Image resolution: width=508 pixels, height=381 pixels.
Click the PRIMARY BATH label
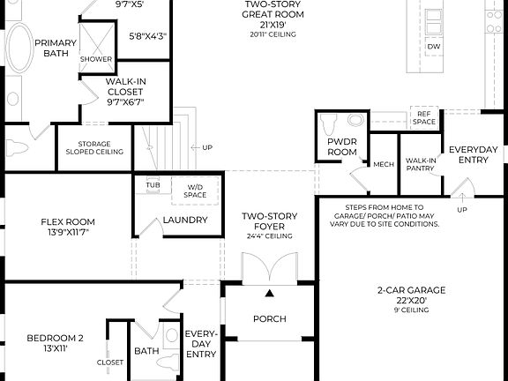tap(56, 48)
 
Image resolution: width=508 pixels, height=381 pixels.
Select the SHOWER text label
tap(96, 60)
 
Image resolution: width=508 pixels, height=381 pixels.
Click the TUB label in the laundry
tap(153, 186)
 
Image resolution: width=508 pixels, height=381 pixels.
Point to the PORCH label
tap(269, 318)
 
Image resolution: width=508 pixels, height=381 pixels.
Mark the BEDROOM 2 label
tap(55, 343)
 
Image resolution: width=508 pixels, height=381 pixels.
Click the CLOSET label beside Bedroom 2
tap(110, 362)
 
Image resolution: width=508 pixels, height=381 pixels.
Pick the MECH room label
tap(384, 164)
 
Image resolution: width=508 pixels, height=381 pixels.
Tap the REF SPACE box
tap(425, 118)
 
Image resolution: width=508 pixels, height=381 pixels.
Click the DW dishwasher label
tap(433, 45)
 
